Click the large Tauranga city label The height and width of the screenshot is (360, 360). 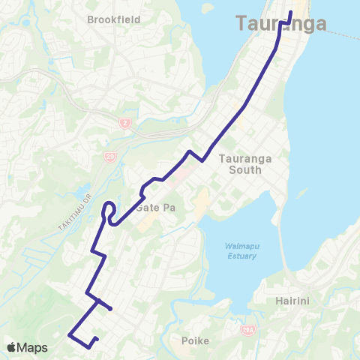pyautogui.click(x=281, y=24)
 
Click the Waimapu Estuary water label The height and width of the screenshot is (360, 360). pyautogui.click(x=241, y=251)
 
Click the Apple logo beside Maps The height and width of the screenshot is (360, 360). pyautogui.click(x=13, y=347)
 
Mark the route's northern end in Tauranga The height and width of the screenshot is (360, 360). pyautogui.click(x=290, y=10)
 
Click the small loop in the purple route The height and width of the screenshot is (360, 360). pyautogui.click(x=109, y=212)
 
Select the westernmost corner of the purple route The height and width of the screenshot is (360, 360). pyautogui.click(x=69, y=334)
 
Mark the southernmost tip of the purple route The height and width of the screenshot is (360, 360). pyautogui.click(x=91, y=346)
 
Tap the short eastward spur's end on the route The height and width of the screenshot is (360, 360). pyautogui.click(x=111, y=308)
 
